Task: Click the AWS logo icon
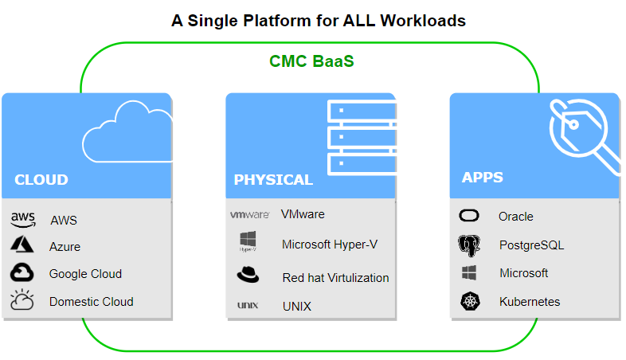(x=23, y=219)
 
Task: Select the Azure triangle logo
(x=22, y=246)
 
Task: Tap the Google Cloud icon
(x=22, y=273)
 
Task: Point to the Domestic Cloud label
(x=91, y=302)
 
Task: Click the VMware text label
(x=303, y=214)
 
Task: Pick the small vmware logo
(x=249, y=215)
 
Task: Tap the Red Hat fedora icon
(x=248, y=276)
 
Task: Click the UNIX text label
(x=296, y=306)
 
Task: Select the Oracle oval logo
(x=469, y=216)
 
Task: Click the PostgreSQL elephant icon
(x=469, y=245)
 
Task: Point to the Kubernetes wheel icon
(x=469, y=302)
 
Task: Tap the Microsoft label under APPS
(x=523, y=273)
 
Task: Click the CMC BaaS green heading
(x=311, y=61)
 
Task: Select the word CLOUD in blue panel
(x=41, y=179)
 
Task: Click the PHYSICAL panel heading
(x=273, y=180)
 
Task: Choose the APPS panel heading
(x=482, y=177)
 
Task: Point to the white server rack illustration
(x=362, y=133)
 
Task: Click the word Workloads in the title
(x=423, y=21)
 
